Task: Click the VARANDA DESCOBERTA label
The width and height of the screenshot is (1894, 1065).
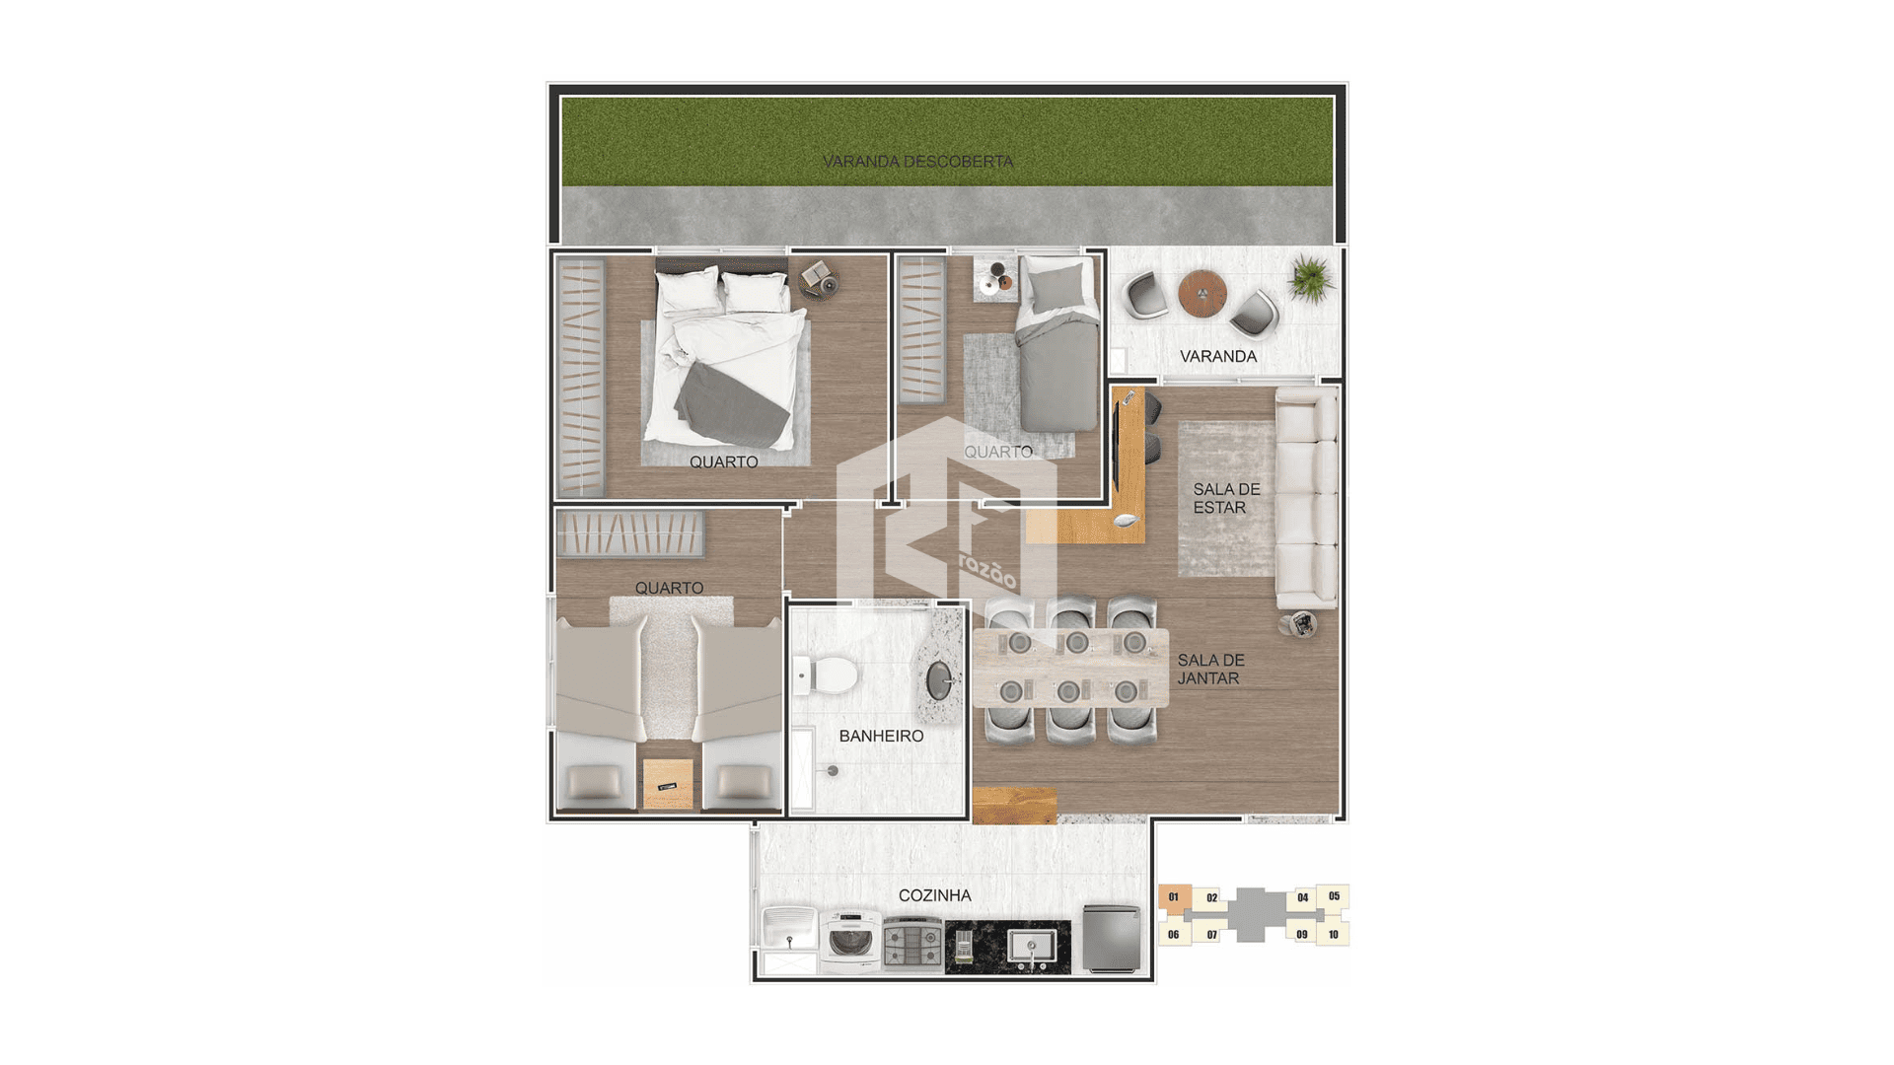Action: coord(917,161)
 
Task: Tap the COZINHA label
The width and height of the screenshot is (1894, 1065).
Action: coord(934,895)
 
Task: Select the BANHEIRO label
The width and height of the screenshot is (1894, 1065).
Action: coord(881,736)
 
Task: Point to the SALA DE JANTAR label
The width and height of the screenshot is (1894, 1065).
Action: coord(1210,670)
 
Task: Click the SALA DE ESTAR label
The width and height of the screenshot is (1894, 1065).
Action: coord(1226,498)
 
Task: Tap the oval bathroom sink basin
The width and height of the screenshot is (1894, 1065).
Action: coord(940,680)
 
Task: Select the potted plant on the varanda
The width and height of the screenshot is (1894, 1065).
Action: coord(1311,278)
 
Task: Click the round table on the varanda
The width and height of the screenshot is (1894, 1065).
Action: coord(1202,293)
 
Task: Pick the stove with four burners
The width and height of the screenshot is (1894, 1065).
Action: coord(912,944)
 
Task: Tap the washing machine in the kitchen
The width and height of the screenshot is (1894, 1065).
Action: coord(850,941)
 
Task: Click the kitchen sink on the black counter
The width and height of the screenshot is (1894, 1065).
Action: coord(1032,947)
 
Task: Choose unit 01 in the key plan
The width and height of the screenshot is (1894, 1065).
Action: coord(1174,897)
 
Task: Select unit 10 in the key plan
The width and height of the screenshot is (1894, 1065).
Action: coord(1334,934)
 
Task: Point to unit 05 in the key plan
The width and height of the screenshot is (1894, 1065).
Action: coord(1334,896)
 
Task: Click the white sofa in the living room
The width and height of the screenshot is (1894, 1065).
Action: coord(1306,498)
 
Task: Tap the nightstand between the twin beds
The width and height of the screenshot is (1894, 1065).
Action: coord(668,783)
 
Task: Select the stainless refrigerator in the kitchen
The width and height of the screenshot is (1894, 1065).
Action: coord(1112,938)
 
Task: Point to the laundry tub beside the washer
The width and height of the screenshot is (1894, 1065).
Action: coord(789,929)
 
